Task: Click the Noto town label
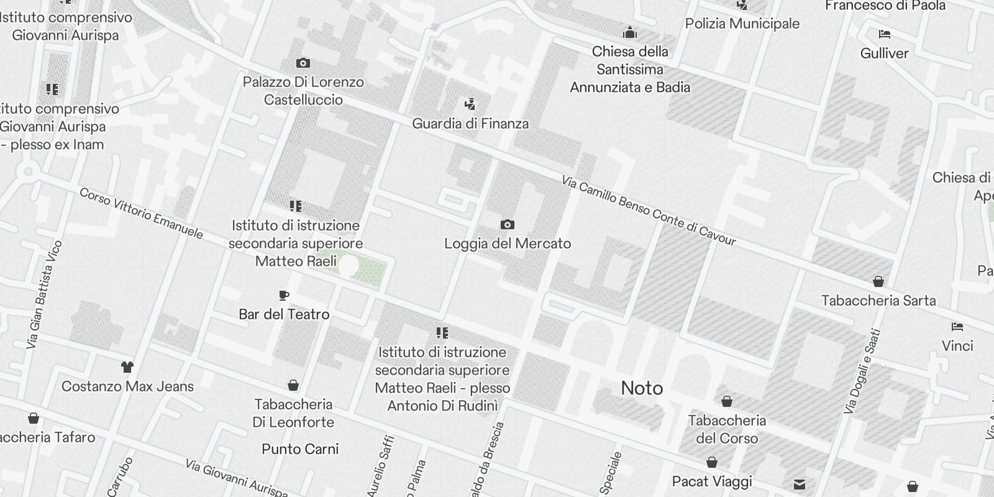click(x=642, y=388)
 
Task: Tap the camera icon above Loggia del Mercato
click(x=508, y=224)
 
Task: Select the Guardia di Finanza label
click(x=470, y=124)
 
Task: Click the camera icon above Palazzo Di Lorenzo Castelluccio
click(x=303, y=63)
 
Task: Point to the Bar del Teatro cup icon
click(x=284, y=295)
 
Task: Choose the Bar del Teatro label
click(x=284, y=314)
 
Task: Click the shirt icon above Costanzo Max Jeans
click(x=127, y=367)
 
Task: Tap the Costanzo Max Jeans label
click(x=127, y=386)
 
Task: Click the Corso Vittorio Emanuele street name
click(x=142, y=213)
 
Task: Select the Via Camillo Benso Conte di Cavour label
click(x=649, y=211)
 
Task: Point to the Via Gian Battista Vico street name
click(x=45, y=294)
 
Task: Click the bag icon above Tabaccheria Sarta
click(x=878, y=281)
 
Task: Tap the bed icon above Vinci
click(x=957, y=327)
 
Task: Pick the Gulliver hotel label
click(x=884, y=53)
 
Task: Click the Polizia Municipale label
click(x=742, y=24)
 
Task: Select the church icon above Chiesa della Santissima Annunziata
click(x=630, y=32)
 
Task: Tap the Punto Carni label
click(x=300, y=449)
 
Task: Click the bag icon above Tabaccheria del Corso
click(x=726, y=401)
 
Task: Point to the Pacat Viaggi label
click(x=712, y=481)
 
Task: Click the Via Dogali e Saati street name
click(x=862, y=372)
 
